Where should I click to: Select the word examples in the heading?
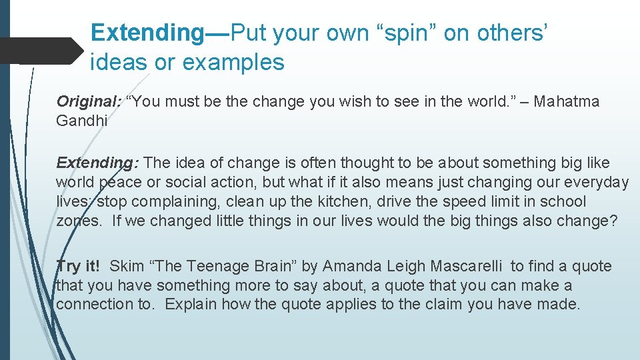[x=233, y=63]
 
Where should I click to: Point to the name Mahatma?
[x=566, y=102]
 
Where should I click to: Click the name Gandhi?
[x=82, y=121]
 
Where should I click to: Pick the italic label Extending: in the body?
[x=97, y=163]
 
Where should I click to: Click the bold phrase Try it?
[x=79, y=267]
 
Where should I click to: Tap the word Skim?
[x=126, y=267]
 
